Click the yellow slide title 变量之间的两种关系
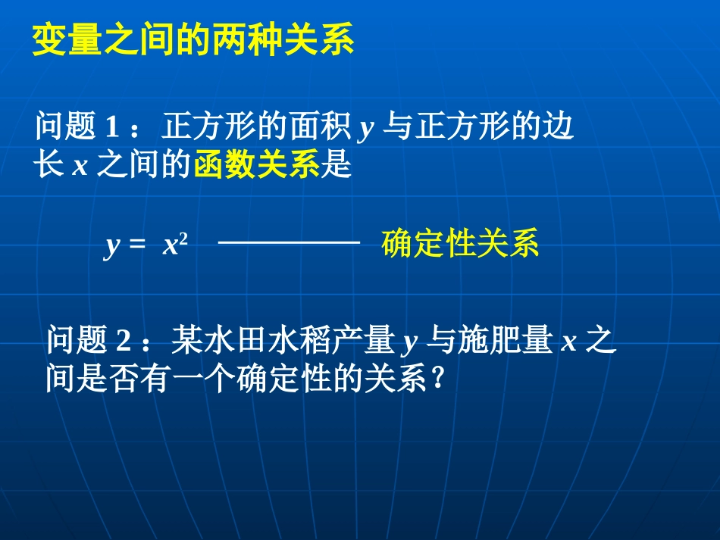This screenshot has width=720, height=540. [x=193, y=42]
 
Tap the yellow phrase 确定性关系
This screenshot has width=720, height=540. [x=461, y=245]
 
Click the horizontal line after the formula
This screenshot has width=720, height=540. [x=288, y=242]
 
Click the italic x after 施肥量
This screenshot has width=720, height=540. [x=568, y=343]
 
